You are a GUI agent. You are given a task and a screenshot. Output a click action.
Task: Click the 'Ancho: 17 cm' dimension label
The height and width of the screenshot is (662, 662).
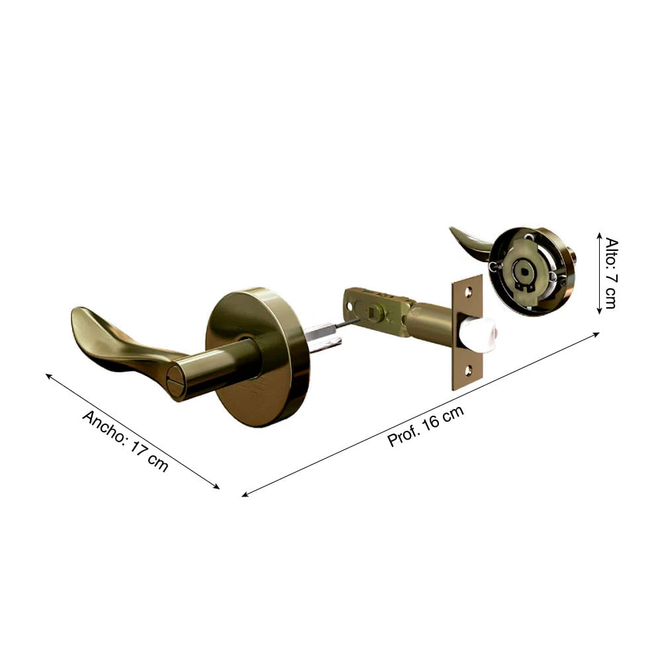(x=125, y=440)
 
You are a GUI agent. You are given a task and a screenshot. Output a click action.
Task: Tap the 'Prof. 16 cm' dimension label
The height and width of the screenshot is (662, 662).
(x=426, y=426)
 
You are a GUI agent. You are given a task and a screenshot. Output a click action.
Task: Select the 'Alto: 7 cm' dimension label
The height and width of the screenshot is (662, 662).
(x=611, y=273)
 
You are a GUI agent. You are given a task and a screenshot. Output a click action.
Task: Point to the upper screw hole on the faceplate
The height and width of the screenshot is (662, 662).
(x=469, y=291)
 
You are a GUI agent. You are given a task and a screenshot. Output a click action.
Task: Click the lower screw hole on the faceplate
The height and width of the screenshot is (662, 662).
(x=469, y=371)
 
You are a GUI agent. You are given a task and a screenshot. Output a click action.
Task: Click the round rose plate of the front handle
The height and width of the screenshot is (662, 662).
(x=257, y=357)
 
